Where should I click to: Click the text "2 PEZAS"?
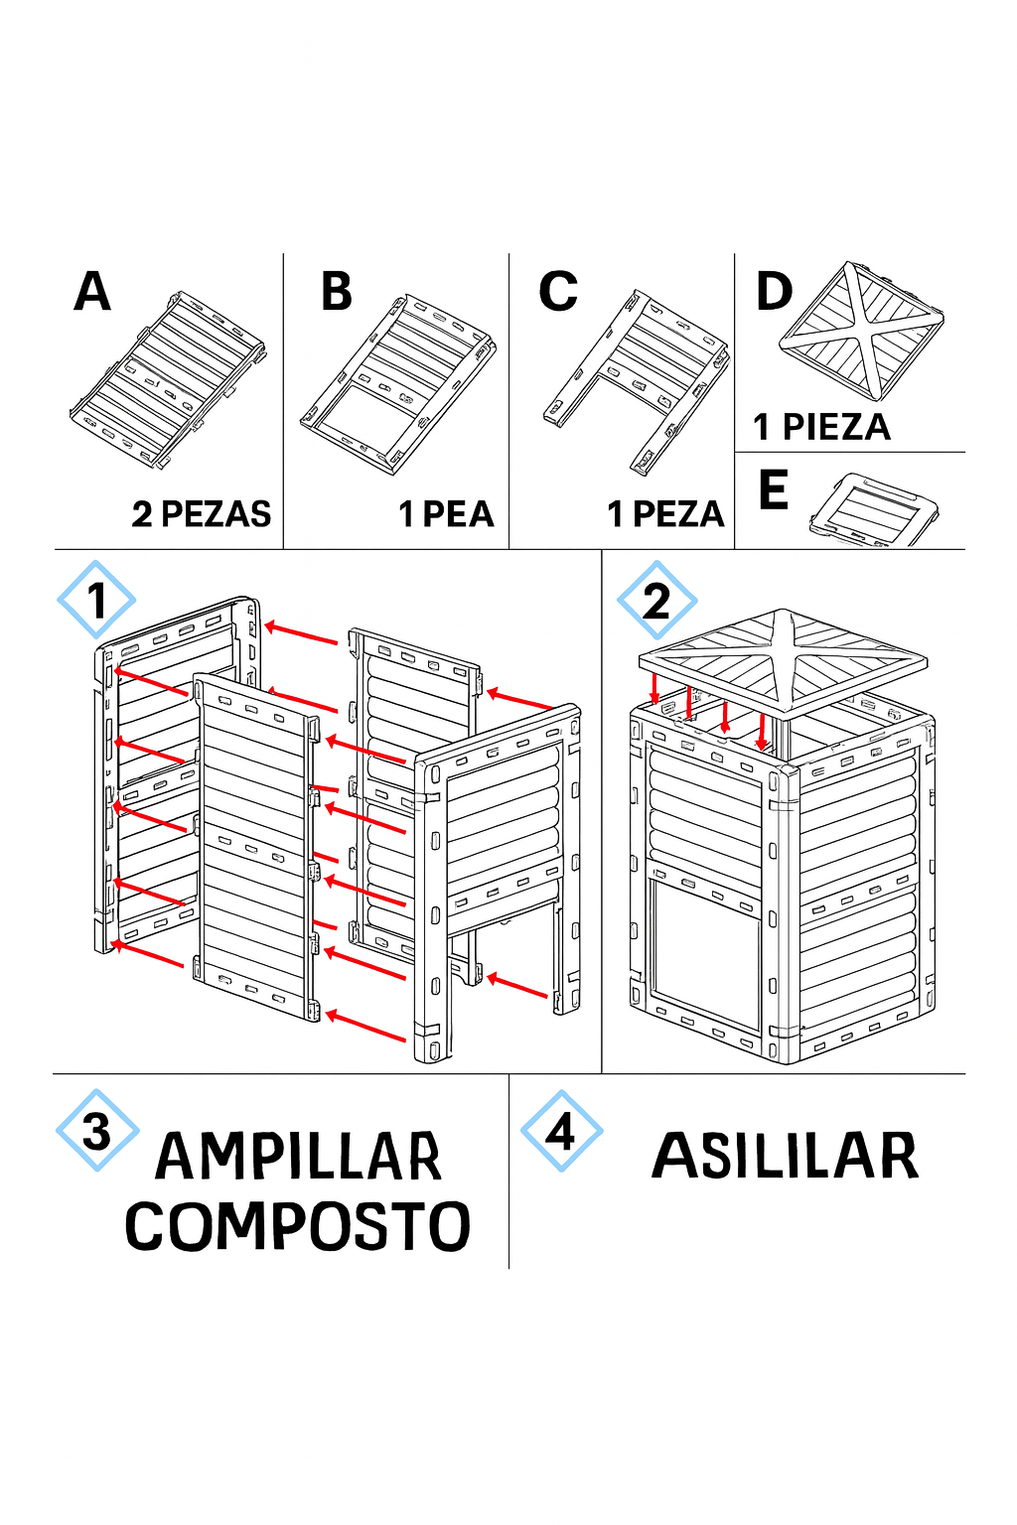(x=202, y=514)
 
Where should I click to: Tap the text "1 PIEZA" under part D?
(x=821, y=427)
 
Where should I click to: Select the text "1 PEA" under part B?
(x=446, y=514)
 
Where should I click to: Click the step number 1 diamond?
(x=96, y=600)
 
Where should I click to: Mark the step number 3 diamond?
(x=97, y=1131)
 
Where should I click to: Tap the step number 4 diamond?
(x=562, y=1131)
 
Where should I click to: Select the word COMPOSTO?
(x=298, y=1225)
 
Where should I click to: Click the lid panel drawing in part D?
(x=862, y=331)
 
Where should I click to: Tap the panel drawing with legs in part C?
(x=637, y=381)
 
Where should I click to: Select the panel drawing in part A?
(x=168, y=379)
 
